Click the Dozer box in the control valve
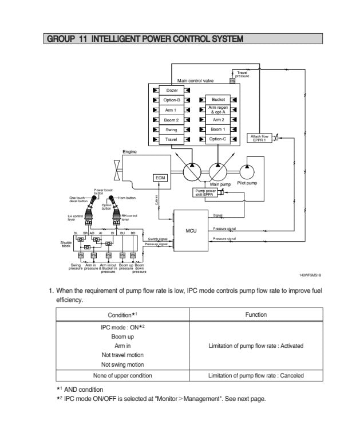point(172,91)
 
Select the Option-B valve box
point(172,100)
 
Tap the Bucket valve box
point(218,100)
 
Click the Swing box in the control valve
point(172,129)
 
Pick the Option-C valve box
point(218,139)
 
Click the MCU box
point(191,231)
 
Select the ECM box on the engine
point(160,178)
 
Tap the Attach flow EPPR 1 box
point(260,138)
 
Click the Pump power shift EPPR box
point(206,192)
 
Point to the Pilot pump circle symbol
point(248,171)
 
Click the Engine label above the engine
point(130,151)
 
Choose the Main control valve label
point(195,81)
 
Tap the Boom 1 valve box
point(218,129)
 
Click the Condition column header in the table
point(122,315)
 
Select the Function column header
point(256,315)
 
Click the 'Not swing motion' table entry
point(122,364)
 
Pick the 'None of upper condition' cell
point(122,376)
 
